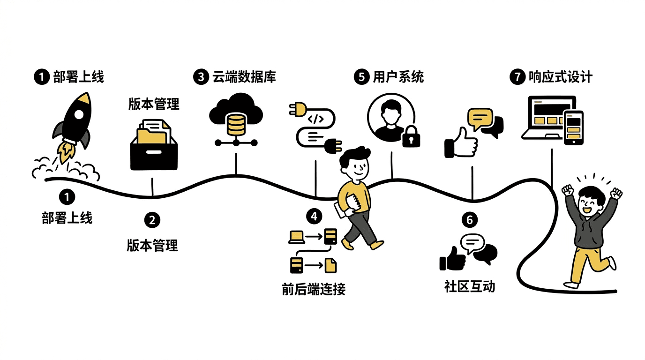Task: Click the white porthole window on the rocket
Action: click(x=79, y=114)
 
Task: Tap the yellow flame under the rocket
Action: click(x=66, y=152)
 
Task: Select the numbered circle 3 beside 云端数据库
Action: click(x=201, y=77)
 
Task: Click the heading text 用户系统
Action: click(x=398, y=77)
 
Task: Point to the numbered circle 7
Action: click(x=517, y=77)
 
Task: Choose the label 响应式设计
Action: click(x=560, y=77)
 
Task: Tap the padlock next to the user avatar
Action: click(x=411, y=136)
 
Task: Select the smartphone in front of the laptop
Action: click(x=574, y=127)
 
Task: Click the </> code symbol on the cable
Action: click(x=315, y=119)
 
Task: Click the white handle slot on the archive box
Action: click(x=154, y=152)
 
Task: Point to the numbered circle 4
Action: click(x=314, y=216)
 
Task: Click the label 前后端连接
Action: click(x=314, y=289)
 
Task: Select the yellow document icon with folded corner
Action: click(x=330, y=265)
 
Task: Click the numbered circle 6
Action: click(x=470, y=220)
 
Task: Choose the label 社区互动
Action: click(x=470, y=286)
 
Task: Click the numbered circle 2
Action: click(x=152, y=220)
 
